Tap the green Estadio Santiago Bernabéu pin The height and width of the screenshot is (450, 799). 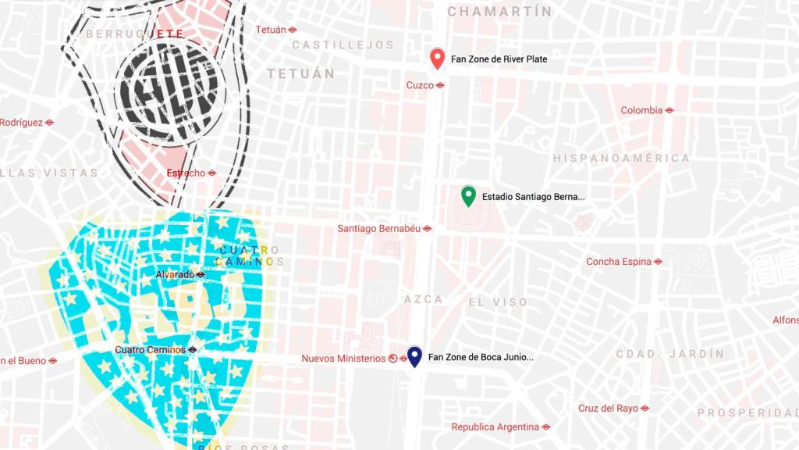click(468, 195)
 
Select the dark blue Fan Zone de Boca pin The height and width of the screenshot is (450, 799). click(415, 356)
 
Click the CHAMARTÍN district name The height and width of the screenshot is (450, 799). click(499, 12)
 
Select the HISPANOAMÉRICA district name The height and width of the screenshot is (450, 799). click(622, 159)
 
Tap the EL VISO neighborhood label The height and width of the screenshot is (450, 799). click(498, 302)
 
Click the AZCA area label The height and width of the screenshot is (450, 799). click(424, 299)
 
